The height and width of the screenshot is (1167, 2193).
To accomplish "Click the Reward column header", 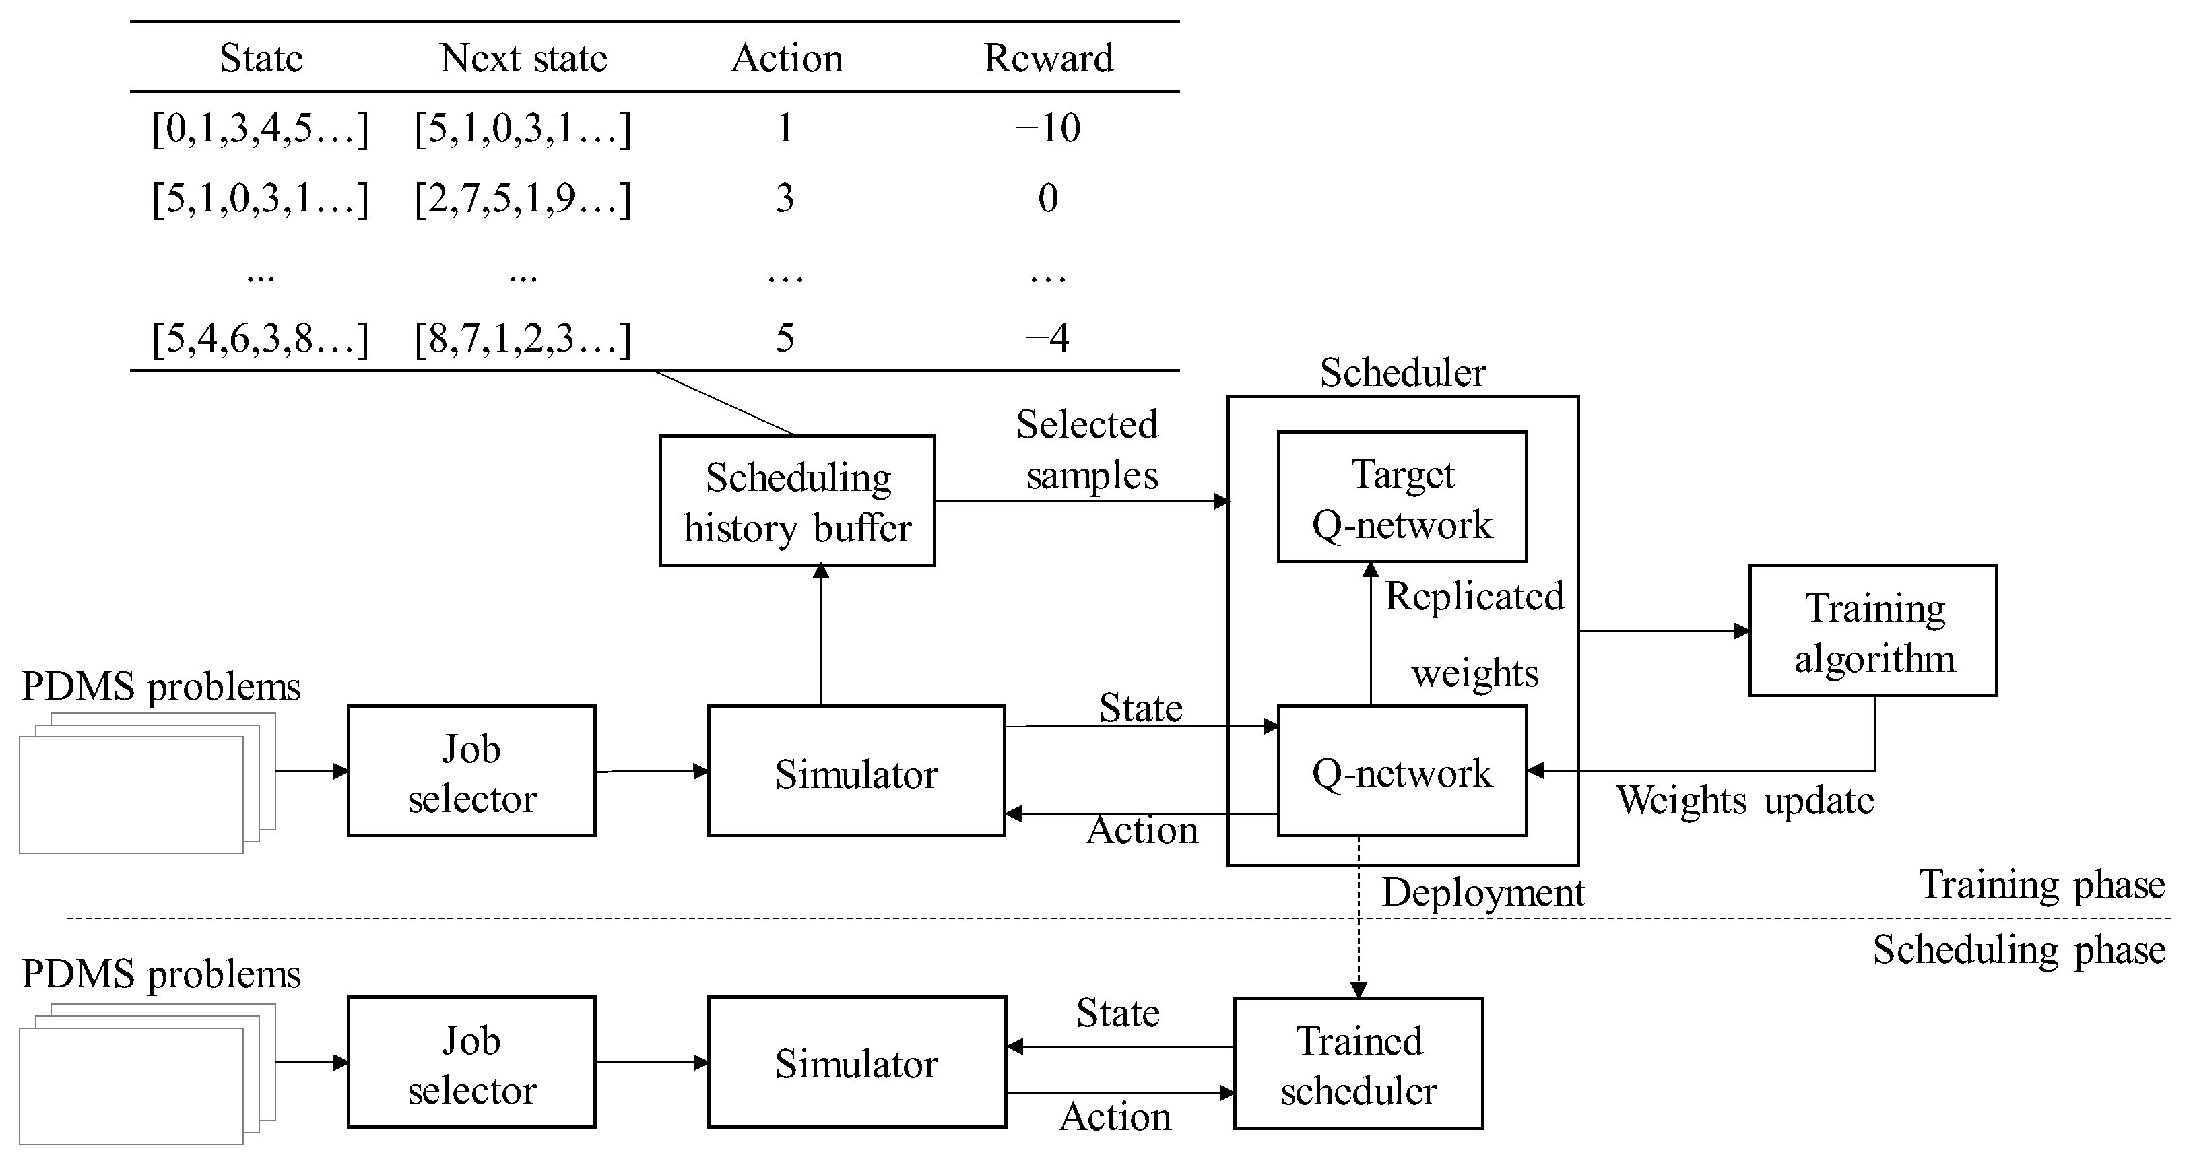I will point(1048,58).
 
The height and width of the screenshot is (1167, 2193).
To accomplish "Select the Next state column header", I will point(523,58).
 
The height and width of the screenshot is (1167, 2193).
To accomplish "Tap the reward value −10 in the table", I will point(1048,128).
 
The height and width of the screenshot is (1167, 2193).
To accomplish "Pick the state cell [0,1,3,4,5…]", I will point(260,129).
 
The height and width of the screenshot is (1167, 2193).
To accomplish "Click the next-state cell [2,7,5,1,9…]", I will point(523,199).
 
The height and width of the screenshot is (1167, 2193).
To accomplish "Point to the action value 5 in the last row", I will point(785,338).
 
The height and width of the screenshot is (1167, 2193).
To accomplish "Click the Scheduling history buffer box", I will point(797,502).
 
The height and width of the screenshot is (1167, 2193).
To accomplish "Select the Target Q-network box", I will point(1402,497).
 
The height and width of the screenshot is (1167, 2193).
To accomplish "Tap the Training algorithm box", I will point(1873,632).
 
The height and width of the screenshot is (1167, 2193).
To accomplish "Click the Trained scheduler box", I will point(1359,1064).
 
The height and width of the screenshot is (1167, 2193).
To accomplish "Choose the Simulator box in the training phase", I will point(857,771).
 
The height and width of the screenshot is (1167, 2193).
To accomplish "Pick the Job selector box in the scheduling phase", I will point(471,1063).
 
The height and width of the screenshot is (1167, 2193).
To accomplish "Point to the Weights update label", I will point(1745,800).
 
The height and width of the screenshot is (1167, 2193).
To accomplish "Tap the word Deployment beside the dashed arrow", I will point(1483,892).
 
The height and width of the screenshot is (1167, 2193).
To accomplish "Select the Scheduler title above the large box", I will point(1402,372).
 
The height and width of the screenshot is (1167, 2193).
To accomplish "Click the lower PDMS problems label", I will point(161,974).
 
